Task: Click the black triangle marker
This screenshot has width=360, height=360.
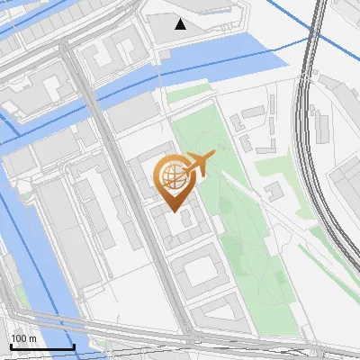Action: coord(181,24)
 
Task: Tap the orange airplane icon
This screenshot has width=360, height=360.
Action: coord(201,164)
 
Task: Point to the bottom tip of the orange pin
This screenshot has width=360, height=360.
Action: coord(174,211)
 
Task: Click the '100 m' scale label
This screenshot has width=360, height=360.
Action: coord(23,337)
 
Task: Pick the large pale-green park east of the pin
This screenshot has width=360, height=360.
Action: coord(238,216)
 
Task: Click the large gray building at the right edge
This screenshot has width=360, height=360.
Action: coord(346,193)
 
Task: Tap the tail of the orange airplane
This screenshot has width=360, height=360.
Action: coord(190,168)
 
